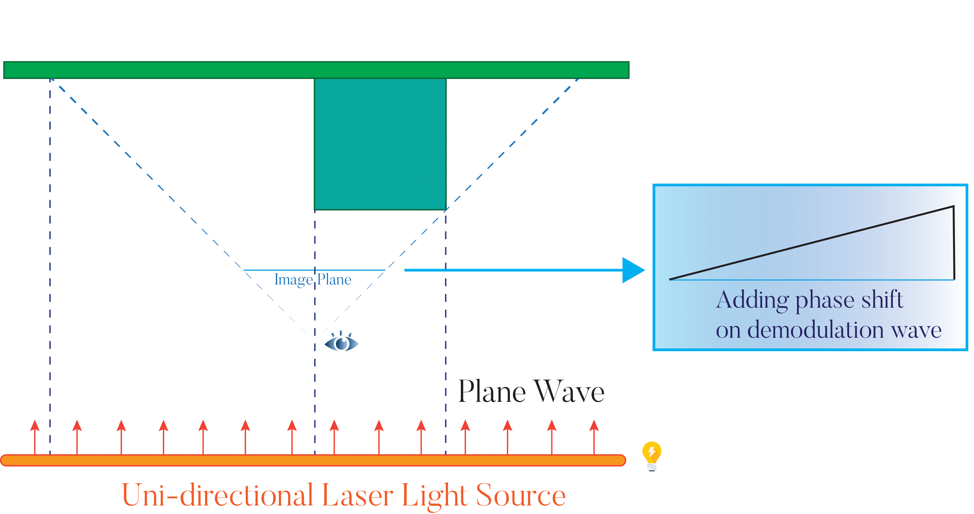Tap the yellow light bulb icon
[652, 455]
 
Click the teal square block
[380, 143]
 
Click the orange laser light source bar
[313, 460]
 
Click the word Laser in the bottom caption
[357, 495]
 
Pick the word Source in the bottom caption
[521, 495]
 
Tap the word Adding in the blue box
[752, 301]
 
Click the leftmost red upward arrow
[35, 436]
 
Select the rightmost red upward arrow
[594, 436]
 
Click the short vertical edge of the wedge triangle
[954, 243]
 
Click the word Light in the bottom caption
[435, 495]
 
